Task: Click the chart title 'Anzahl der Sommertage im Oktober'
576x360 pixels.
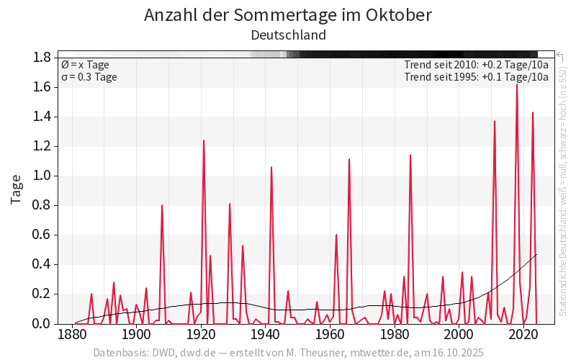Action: tap(288, 15)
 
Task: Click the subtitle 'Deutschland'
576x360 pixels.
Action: tap(288, 35)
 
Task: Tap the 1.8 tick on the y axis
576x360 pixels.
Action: tap(41, 58)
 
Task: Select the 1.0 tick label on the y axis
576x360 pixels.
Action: tap(41, 176)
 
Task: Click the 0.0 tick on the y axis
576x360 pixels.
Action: tap(41, 324)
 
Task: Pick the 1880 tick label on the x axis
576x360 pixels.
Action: tap(72, 335)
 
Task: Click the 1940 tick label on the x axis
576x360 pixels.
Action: tap(266, 335)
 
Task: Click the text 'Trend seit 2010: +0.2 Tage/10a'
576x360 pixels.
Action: tap(477, 65)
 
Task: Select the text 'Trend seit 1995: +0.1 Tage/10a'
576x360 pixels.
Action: tap(477, 77)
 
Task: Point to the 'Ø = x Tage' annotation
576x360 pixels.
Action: tap(85, 65)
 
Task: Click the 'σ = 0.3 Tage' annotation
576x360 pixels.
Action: tap(89, 77)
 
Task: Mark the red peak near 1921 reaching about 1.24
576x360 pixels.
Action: tap(204, 140)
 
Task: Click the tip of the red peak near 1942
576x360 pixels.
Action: tap(271, 167)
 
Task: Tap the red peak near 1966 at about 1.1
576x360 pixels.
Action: tap(349, 159)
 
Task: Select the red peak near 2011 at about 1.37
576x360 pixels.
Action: tap(495, 121)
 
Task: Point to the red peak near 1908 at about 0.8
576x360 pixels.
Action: tap(162, 205)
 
